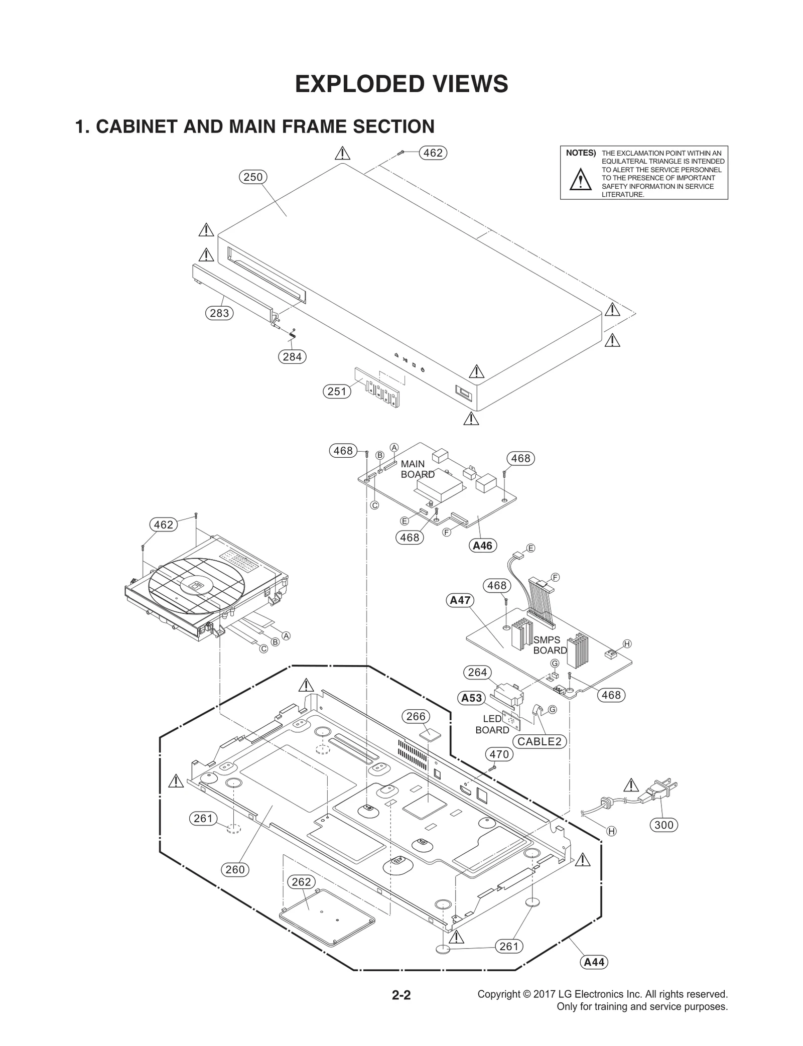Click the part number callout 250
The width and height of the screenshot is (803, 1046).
(x=253, y=177)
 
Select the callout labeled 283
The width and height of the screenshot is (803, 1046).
(x=219, y=313)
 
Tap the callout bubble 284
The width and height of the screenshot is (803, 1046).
(x=292, y=356)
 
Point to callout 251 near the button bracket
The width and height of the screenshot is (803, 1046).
(x=336, y=391)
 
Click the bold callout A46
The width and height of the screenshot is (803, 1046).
(x=483, y=545)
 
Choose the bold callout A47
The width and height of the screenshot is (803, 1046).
(x=460, y=600)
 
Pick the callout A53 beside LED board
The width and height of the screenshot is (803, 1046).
(x=471, y=698)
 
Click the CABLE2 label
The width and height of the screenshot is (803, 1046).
(x=539, y=741)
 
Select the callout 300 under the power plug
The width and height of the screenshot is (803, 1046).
(x=664, y=825)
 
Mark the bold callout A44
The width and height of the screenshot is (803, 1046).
(x=594, y=962)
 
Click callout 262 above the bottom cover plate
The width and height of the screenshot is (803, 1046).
(x=301, y=881)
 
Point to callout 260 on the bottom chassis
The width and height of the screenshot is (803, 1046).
(x=235, y=869)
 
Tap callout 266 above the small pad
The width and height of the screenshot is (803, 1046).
(x=416, y=716)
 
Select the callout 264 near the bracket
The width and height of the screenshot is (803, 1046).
(x=477, y=672)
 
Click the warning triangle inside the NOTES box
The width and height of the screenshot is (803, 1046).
(x=581, y=180)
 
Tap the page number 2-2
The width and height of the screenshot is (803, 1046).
(x=401, y=995)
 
